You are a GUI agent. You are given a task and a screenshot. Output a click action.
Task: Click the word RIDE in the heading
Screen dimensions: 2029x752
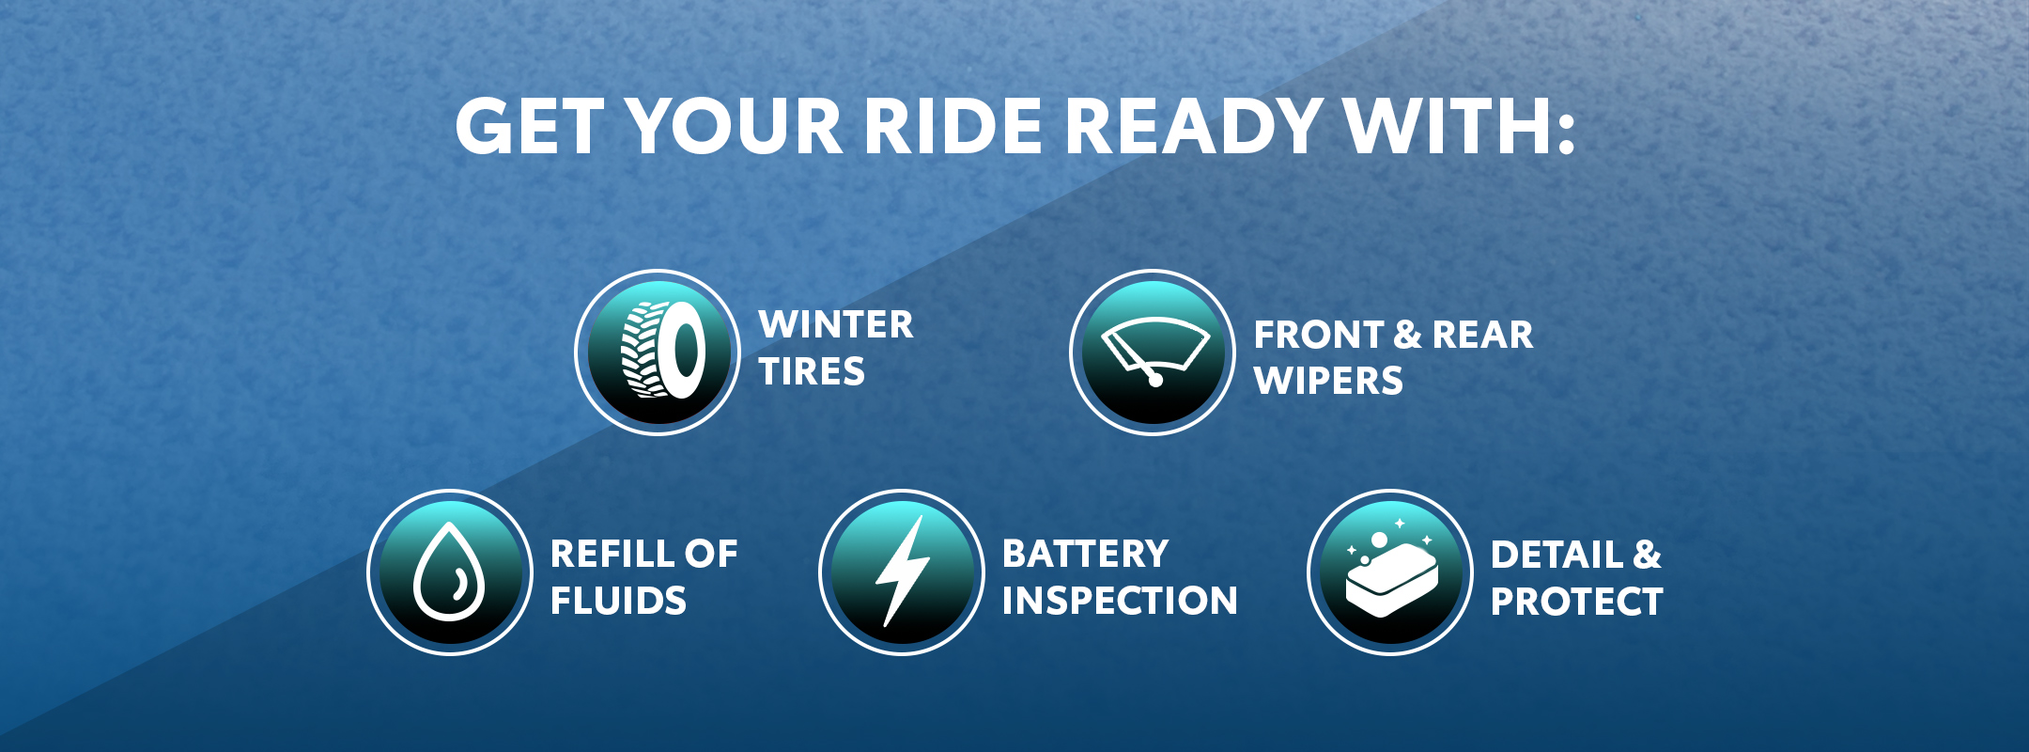pyautogui.click(x=953, y=127)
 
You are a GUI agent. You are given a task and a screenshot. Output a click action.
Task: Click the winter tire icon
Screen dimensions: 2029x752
pyautogui.click(x=663, y=350)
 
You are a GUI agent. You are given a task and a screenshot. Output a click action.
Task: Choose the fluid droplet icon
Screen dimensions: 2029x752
pyautogui.click(x=449, y=572)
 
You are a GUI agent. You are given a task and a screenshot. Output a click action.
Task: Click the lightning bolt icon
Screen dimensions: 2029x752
pyautogui.click(x=902, y=571)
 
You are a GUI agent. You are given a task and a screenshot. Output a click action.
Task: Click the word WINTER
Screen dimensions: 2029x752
pyautogui.click(x=836, y=325)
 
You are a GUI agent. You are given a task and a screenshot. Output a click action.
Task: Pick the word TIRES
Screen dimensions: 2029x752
pyautogui.click(x=812, y=372)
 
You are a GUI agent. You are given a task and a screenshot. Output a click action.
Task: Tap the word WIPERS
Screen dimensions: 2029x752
pyautogui.click(x=1328, y=382)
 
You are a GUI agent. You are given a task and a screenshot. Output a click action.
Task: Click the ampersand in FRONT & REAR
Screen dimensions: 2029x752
pyautogui.click(x=1407, y=335)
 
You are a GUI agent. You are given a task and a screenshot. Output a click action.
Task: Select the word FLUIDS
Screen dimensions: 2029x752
pyautogui.click(x=618, y=602)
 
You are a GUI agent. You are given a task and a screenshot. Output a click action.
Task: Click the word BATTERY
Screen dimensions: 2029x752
pyautogui.click(x=1086, y=555)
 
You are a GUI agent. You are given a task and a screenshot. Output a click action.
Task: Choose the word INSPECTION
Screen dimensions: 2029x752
pyautogui.click(x=1120, y=602)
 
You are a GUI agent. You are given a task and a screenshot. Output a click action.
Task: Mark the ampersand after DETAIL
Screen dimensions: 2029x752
pyautogui.click(x=1647, y=555)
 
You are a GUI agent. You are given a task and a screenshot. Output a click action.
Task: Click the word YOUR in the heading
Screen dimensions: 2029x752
pyautogui.click(x=735, y=127)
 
